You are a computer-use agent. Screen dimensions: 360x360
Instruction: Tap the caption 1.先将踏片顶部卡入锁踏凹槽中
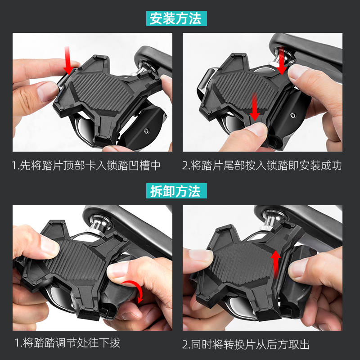(x=86, y=165)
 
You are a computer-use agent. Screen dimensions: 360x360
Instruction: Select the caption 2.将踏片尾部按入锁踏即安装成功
(x=262, y=165)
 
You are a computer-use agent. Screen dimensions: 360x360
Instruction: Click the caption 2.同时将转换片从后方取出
(x=246, y=345)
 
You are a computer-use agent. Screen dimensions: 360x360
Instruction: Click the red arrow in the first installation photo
(x=68, y=61)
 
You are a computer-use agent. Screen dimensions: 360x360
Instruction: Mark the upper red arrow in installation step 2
(x=282, y=61)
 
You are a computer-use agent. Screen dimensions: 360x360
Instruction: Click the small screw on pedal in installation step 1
(x=146, y=131)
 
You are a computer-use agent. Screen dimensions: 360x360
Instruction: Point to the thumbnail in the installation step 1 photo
(x=46, y=91)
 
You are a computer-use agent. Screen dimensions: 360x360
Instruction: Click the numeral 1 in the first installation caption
(x=14, y=165)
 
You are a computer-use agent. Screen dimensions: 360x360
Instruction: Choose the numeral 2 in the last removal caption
(x=185, y=345)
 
